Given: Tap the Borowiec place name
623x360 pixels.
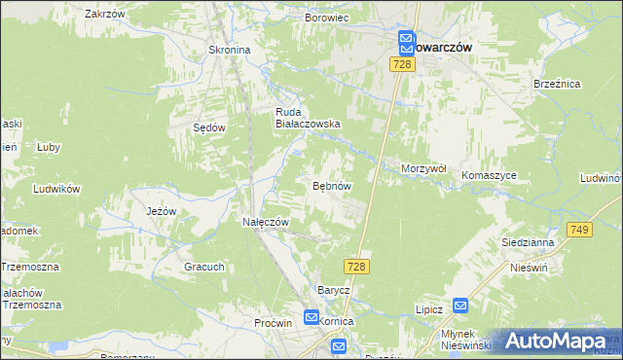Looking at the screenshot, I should [x=327, y=18].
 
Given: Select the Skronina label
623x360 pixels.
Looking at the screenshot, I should [x=230, y=50].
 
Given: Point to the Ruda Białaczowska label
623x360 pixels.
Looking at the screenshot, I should [x=306, y=118].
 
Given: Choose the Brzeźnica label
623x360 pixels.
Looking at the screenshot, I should [x=556, y=85].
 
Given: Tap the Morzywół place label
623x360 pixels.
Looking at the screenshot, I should [x=423, y=168].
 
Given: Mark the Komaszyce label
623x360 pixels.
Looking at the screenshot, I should [x=489, y=175].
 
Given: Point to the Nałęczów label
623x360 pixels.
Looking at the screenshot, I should [x=266, y=222].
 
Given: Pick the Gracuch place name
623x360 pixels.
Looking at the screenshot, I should [x=204, y=267].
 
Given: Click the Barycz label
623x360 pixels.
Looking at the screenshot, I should [x=334, y=290].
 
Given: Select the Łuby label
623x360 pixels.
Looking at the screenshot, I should [x=49, y=147].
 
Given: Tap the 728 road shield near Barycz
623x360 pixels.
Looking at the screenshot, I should [x=355, y=267].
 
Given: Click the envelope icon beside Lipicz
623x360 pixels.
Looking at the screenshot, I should [x=460, y=306].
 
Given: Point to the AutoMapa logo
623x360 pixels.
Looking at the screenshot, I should [x=557, y=341].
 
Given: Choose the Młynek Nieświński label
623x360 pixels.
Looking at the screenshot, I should [x=464, y=338].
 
